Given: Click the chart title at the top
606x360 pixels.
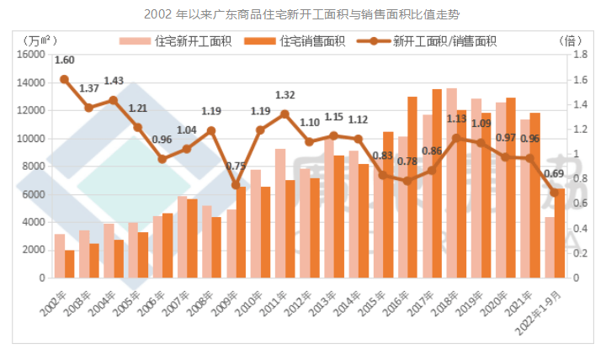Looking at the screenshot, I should pyautogui.click(x=302, y=14).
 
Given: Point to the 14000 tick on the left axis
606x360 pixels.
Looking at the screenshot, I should pyautogui.click(x=30, y=82).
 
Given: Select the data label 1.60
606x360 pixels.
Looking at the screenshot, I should pyautogui.click(x=64, y=60).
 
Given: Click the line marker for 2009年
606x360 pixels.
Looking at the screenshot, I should pyautogui.click(x=236, y=184).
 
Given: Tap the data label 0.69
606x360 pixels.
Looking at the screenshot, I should pyautogui.click(x=554, y=174).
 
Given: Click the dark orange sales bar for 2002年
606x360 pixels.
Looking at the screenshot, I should pyautogui.click(x=70, y=263).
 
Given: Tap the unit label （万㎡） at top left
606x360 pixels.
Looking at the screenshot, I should pyautogui.click(x=39, y=40).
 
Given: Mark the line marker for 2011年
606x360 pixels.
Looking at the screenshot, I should pyautogui.click(x=284, y=114).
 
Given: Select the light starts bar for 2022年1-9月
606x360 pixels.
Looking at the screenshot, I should pyautogui.click(x=550, y=247).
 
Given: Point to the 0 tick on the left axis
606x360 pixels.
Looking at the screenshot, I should pyautogui.click(x=40, y=278).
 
